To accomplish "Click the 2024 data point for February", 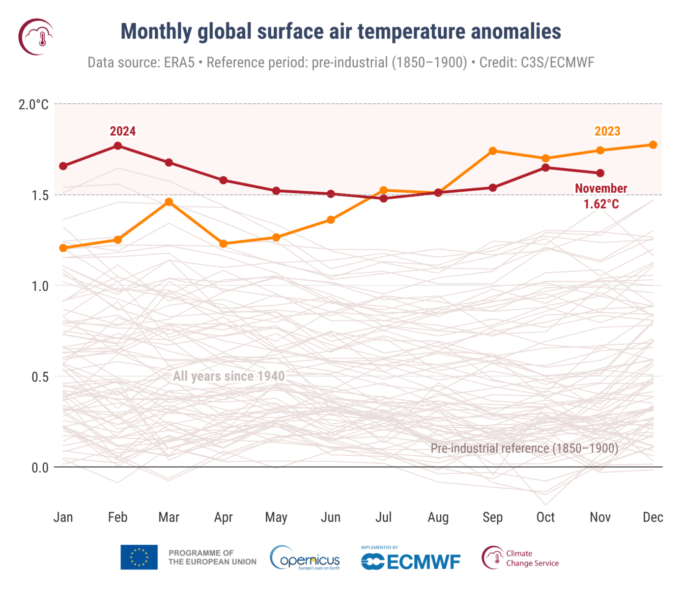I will click(118, 146).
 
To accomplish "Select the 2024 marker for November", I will click(600, 173).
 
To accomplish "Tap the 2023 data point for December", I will click(653, 145).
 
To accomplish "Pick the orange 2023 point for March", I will click(169, 202).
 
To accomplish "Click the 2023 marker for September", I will click(493, 151).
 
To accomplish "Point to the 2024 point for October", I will click(545, 168).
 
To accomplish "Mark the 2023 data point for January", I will click(63, 248).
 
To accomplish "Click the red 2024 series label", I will click(122, 131).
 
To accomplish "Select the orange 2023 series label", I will click(607, 131).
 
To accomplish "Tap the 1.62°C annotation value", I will click(601, 204).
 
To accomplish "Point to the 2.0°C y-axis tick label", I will click(33, 104).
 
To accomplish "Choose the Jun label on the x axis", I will click(331, 517).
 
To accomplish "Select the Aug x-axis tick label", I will click(438, 517).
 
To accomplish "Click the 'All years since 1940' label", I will click(228, 377).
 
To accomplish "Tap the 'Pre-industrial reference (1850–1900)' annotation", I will click(524, 448).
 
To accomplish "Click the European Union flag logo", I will click(139, 557).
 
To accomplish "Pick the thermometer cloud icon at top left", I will click(36, 37).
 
